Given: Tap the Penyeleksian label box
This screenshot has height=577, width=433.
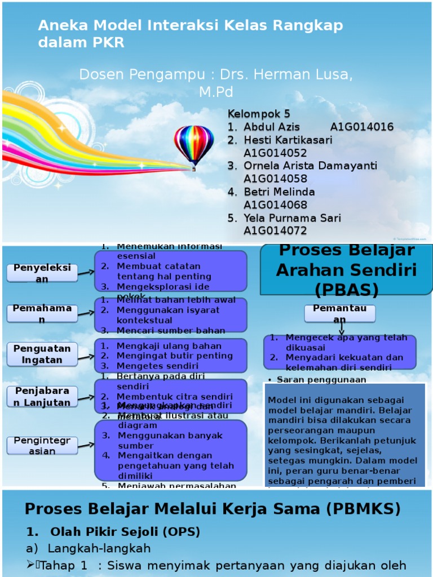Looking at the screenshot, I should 42,273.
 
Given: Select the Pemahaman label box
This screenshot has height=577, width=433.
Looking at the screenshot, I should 42,313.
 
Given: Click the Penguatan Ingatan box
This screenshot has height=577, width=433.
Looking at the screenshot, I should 42,353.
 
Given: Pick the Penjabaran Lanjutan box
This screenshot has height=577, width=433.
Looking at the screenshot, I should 42,397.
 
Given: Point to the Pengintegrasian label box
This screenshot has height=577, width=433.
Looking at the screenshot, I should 42,446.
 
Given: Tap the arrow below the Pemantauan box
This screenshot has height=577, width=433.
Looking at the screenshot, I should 342,329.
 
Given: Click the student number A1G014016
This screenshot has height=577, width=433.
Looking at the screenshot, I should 361,127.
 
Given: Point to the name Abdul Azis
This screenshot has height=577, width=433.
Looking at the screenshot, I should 272,127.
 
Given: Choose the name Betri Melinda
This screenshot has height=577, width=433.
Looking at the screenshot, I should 279,192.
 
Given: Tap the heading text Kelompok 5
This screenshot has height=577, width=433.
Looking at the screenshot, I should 259,114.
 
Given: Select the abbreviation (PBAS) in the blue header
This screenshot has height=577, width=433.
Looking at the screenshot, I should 346,290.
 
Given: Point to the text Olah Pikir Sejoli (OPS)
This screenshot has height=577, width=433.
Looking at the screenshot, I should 125,532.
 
